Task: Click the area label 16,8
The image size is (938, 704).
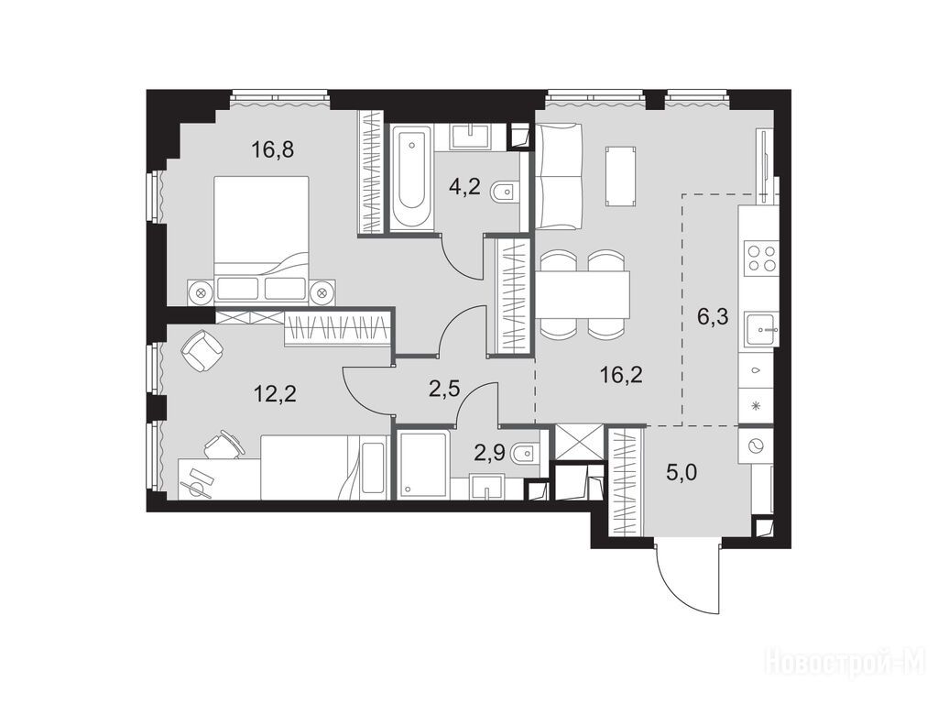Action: point(273,149)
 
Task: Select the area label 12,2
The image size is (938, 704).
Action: point(275,394)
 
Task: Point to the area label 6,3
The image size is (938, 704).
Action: point(713,315)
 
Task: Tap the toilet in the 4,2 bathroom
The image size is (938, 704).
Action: point(505,192)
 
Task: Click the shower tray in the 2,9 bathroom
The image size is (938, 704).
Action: point(422,464)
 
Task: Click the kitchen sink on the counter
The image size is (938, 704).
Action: point(761,329)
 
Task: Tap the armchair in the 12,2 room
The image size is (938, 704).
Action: point(202,351)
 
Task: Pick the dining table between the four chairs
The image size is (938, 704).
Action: point(583,294)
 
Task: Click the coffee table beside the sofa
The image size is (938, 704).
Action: point(619,177)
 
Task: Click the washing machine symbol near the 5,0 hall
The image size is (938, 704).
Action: point(758,445)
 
